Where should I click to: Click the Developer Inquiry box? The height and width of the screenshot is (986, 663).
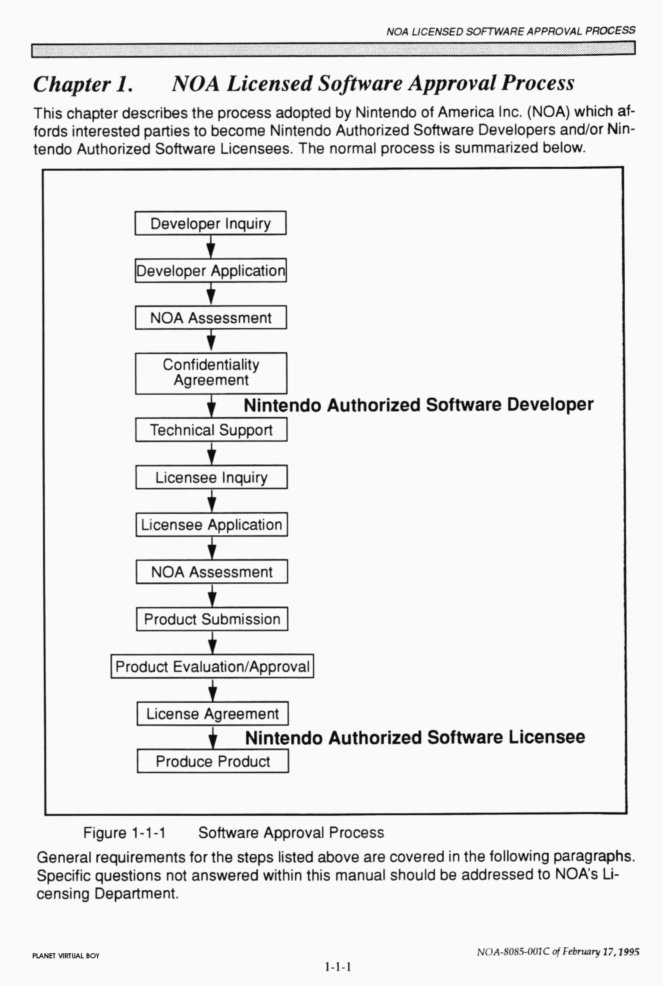[x=211, y=223]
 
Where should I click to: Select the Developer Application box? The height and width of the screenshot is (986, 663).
[x=211, y=271]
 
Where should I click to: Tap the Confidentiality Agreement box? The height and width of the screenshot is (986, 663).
[x=211, y=373]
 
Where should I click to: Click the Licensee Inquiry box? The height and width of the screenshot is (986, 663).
[x=211, y=477]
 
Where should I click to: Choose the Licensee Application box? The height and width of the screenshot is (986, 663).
[x=211, y=524]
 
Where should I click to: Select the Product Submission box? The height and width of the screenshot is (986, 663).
[x=212, y=619]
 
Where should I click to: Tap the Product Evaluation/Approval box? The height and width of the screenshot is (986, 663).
[x=212, y=667]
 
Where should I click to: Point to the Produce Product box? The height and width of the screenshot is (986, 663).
[x=213, y=761]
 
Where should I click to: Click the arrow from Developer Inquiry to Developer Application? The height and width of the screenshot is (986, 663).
[x=211, y=247]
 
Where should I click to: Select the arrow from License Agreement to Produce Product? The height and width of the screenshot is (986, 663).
[x=213, y=737]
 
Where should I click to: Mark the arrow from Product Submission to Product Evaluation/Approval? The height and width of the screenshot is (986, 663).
[x=213, y=643]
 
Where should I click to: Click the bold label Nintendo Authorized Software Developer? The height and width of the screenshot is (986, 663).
[x=419, y=405]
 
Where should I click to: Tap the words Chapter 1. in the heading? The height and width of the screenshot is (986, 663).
[x=83, y=84]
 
